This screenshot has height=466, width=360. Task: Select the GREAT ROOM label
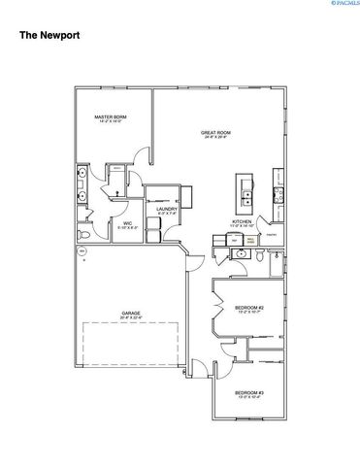214,131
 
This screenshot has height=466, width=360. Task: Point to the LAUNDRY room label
164,209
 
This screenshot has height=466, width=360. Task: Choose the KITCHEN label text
242,220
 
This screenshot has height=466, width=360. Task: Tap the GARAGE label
131,313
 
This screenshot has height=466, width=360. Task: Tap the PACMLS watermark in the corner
341,5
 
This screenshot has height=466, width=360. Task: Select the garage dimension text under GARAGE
131,317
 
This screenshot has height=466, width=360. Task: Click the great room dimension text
214,137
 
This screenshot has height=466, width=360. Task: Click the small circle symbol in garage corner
82,251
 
